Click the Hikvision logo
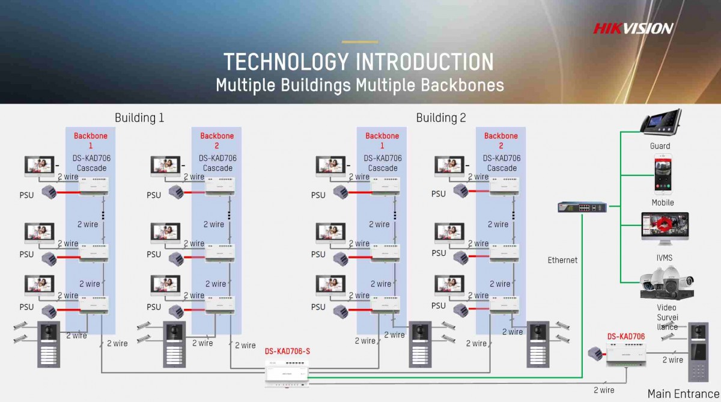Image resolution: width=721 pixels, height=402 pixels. (x=633, y=29)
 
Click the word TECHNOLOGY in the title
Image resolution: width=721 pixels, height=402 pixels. (x=286, y=62)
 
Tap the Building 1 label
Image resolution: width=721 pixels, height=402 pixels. (x=139, y=118)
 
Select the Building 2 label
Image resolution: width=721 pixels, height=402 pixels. (x=441, y=118)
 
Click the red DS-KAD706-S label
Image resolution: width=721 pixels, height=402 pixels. (x=287, y=351)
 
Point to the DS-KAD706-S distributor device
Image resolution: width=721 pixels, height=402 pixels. (x=287, y=374)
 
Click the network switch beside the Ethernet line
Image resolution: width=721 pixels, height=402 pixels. (x=582, y=207)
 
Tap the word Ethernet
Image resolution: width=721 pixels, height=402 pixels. (x=562, y=260)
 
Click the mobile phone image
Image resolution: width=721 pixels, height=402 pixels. (x=663, y=174)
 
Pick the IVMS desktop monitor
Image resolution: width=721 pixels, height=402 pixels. (x=665, y=228)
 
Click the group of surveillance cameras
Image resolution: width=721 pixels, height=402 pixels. (x=666, y=283)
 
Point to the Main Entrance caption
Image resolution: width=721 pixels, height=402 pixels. (x=683, y=394)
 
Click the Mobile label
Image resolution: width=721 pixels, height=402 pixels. (x=663, y=203)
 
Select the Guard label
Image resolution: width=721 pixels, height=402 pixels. (x=660, y=146)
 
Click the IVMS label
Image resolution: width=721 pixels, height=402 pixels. (x=665, y=258)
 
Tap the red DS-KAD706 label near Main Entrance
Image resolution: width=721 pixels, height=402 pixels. (x=626, y=337)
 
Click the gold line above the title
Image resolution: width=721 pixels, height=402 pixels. (x=360, y=42)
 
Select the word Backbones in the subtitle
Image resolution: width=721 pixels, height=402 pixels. (x=462, y=85)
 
